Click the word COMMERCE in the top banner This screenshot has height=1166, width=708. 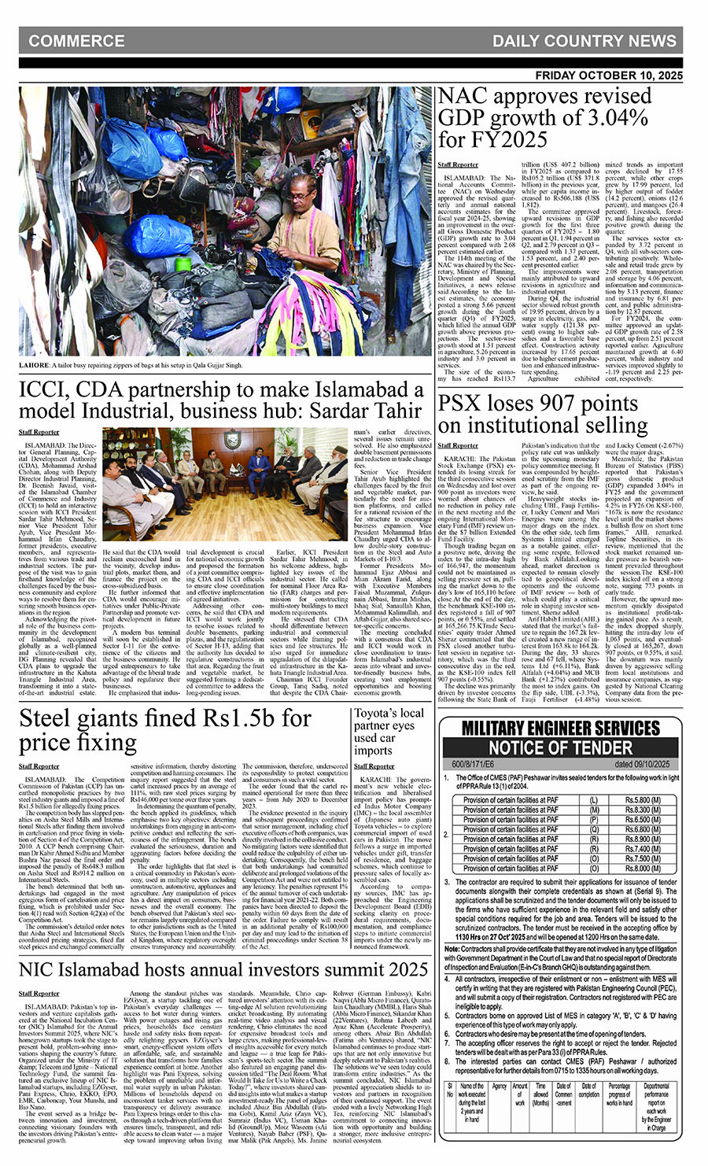(x=76, y=41)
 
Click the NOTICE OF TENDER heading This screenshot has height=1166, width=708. (x=560, y=748)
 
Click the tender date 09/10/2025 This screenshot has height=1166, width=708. (x=643, y=764)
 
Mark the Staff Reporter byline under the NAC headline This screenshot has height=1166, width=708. (x=457, y=164)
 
